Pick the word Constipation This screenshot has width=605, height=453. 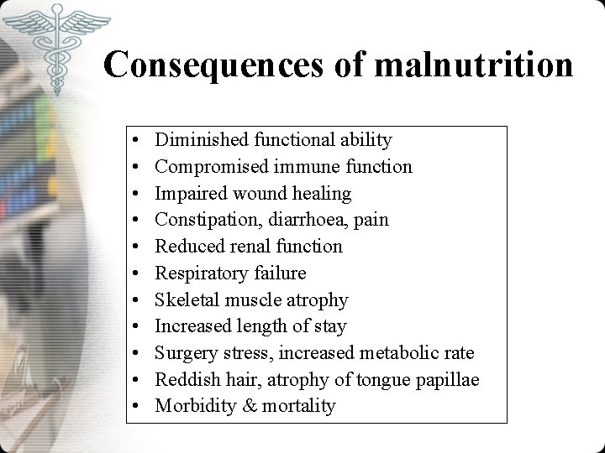pos(207,220)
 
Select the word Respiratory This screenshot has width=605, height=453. pos(202,273)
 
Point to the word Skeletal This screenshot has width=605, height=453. pos(187,299)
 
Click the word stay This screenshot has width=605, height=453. pos(331,326)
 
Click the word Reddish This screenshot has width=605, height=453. pos(187,380)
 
